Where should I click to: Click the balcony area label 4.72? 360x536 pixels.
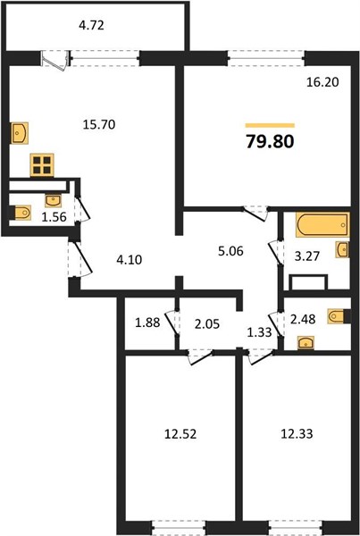point(91,25)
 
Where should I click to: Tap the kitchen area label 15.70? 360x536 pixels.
point(99,124)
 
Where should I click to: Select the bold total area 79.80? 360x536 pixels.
point(270,141)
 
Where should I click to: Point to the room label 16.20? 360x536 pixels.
point(322,82)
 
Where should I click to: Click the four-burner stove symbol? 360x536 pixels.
point(42,164)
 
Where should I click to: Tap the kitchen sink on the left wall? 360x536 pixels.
point(19,133)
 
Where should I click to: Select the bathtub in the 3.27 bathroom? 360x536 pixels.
point(322,224)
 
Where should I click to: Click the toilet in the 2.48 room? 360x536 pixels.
point(339,316)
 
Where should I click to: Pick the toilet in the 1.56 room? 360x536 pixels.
point(20,213)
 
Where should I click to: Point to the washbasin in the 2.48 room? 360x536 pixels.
point(306,342)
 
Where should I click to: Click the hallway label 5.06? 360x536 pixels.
point(230,251)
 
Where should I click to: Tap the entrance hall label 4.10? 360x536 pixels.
point(130,260)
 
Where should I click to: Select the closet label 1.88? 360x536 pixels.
point(147,322)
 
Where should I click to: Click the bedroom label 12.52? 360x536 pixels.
point(180,434)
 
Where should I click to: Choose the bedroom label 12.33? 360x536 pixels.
point(297,434)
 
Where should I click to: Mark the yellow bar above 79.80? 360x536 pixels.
point(270,125)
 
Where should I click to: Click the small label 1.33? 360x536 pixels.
point(259,332)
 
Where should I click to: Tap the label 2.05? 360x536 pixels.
point(207,323)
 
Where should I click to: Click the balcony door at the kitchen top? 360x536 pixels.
point(54,61)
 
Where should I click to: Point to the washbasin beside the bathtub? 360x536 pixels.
point(342,249)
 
